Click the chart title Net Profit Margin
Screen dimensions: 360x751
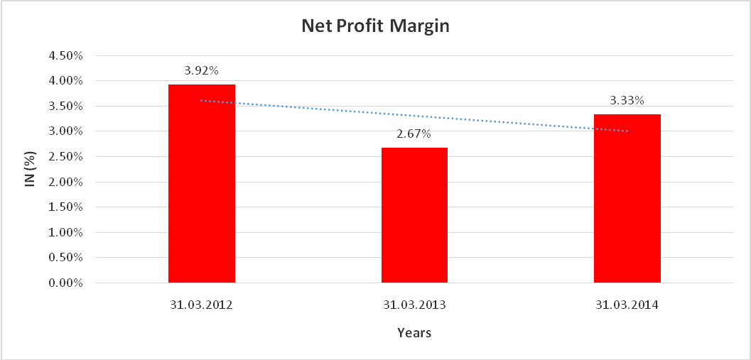pyautogui.click(x=376, y=26)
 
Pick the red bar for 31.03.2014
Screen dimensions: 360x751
pyautogui.click(x=627, y=198)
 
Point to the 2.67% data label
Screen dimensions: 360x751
pyautogui.click(x=414, y=134)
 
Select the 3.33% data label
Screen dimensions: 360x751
pyautogui.click(x=627, y=101)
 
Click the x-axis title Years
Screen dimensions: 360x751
pyautogui.click(x=414, y=332)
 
